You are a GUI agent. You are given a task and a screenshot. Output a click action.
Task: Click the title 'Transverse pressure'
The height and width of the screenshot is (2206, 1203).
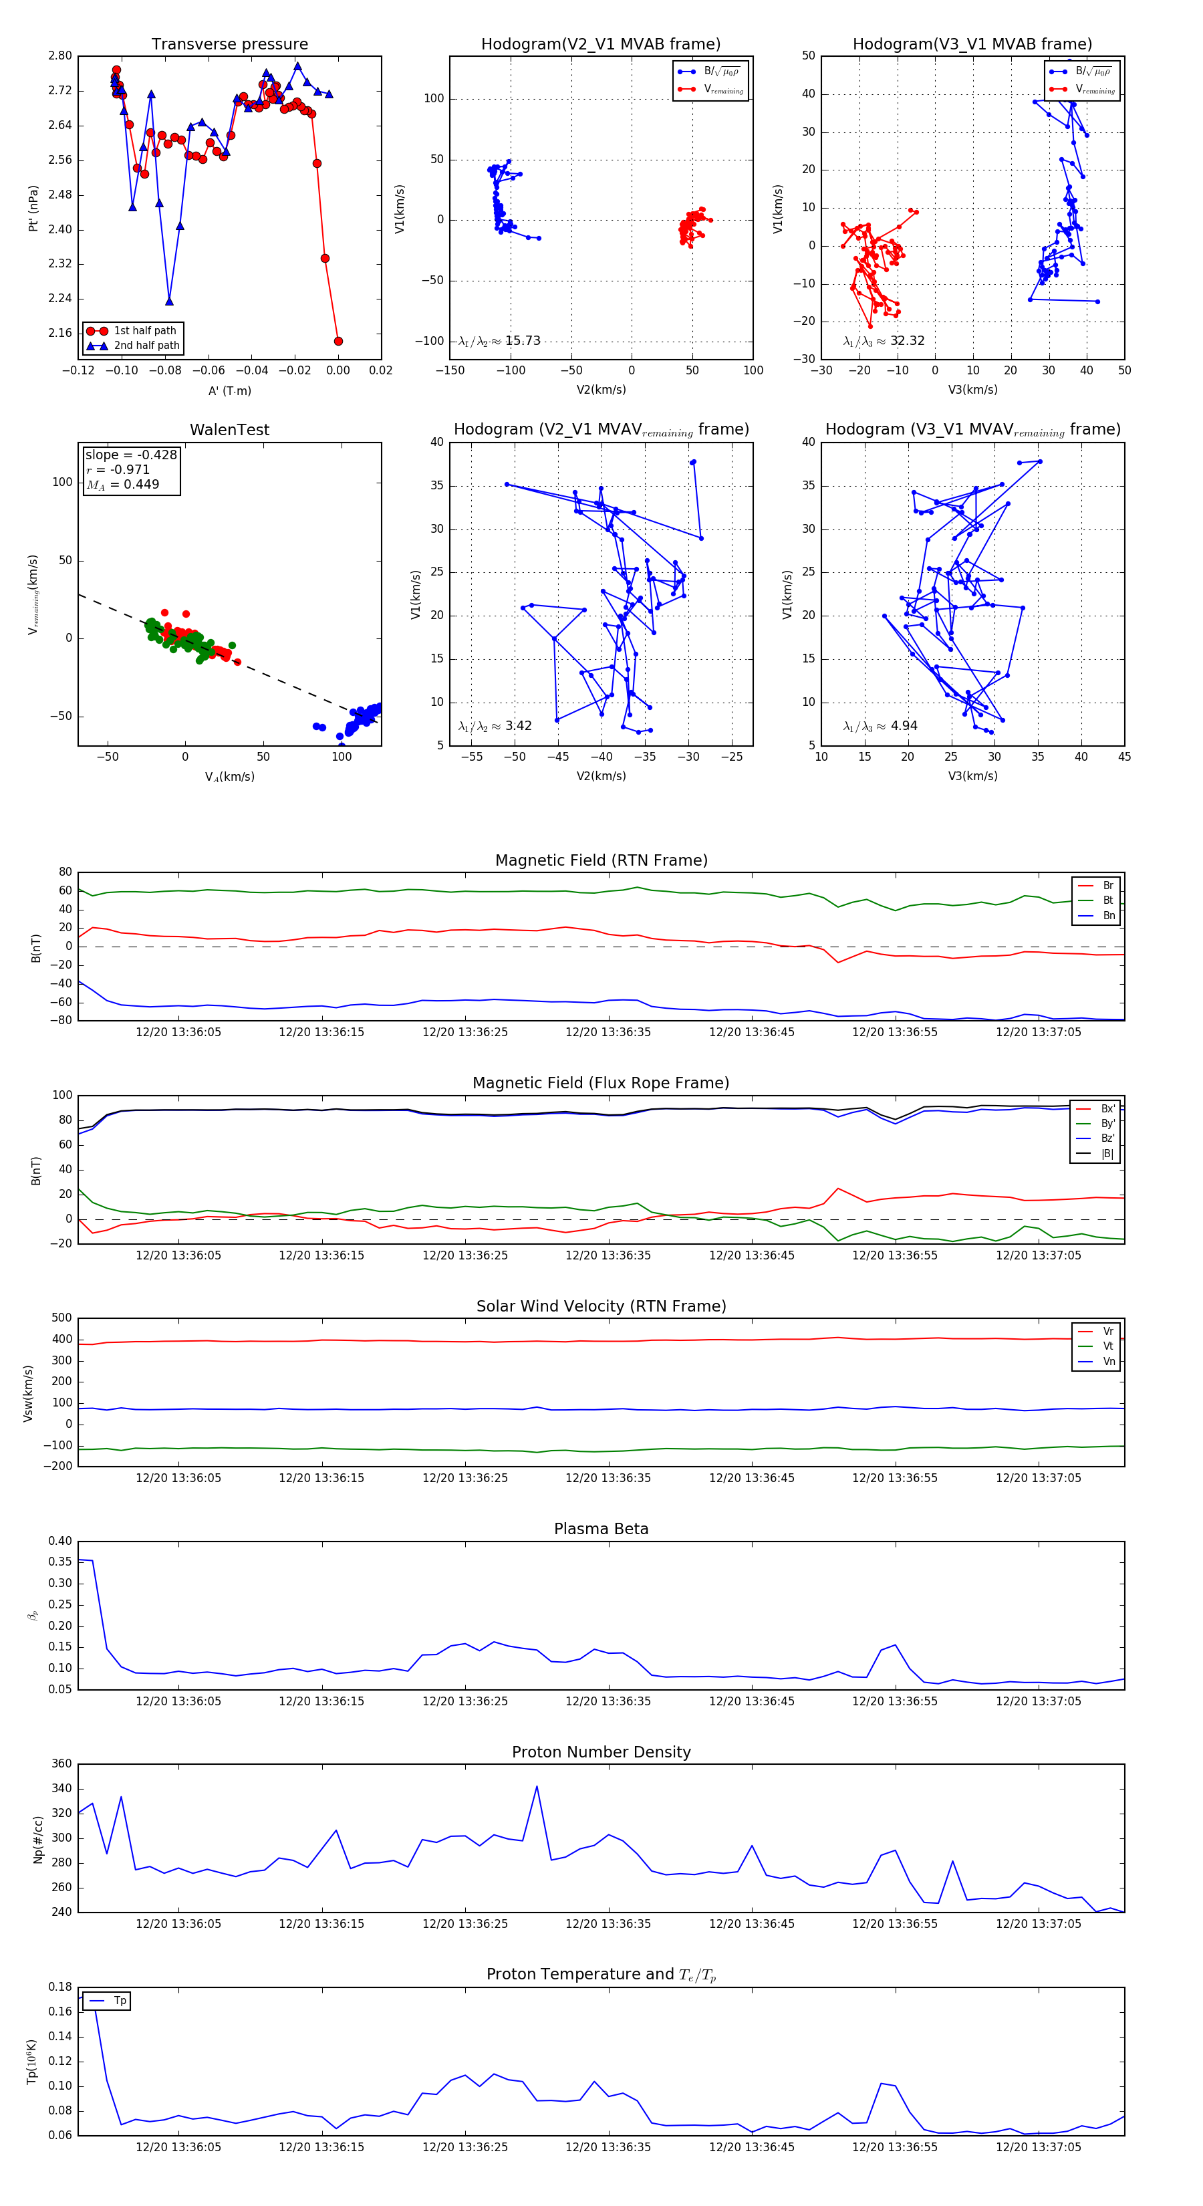tap(229, 45)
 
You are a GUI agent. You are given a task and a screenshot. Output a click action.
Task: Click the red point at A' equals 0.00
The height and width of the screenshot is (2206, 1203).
tap(338, 341)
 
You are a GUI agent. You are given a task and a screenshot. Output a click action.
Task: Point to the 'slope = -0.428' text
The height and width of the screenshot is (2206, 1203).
tap(131, 455)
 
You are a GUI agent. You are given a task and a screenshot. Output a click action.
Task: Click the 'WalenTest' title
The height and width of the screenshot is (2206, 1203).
tap(229, 430)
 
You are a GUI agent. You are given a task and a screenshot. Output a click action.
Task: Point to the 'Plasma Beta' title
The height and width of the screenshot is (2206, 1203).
tap(601, 1529)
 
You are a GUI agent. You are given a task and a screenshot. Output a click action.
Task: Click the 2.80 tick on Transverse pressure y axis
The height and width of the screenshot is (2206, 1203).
tap(60, 55)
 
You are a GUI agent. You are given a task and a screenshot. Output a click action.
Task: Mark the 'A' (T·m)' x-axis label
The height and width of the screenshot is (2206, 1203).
tap(229, 390)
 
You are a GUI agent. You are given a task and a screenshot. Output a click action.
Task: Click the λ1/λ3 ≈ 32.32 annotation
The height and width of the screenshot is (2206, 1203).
tap(884, 341)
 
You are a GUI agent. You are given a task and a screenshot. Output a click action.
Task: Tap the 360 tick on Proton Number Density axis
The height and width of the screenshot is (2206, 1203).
tap(61, 1763)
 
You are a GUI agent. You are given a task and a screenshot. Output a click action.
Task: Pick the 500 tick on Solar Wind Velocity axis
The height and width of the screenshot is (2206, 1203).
tap(61, 1318)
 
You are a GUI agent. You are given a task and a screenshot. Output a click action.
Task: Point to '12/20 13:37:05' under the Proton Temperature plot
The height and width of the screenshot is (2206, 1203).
tap(1038, 2147)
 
